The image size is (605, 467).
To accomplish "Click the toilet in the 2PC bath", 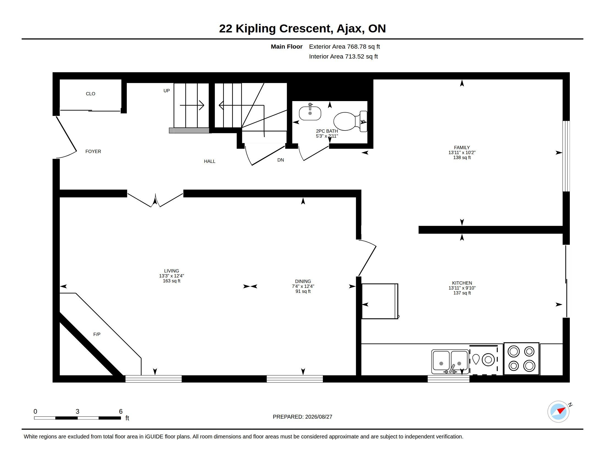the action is (350, 121).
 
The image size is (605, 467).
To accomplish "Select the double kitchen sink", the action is (450, 362).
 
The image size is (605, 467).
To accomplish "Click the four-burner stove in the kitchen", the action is (521, 358).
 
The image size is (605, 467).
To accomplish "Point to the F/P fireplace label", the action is (97, 335).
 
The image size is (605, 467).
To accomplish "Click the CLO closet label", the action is (90, 94).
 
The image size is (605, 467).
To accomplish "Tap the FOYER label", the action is (93, 151).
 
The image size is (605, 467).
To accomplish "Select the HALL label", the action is (210, 161).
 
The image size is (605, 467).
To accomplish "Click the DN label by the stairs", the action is (280, 160).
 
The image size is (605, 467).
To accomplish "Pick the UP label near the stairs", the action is (166, 91).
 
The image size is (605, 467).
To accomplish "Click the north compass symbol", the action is (559, 412).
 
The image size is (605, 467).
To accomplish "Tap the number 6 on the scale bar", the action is (121, 412).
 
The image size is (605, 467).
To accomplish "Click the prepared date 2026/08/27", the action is (318, 417).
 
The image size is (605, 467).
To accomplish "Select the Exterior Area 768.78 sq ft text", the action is (344, 46).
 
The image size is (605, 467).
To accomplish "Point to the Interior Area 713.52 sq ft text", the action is (343, 56).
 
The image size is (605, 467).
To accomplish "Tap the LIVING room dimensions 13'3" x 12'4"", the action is (172, 276).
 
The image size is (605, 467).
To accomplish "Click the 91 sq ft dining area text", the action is (303, 291).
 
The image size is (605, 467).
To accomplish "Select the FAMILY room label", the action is (462, 148).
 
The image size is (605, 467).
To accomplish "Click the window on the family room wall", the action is (566, 156).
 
